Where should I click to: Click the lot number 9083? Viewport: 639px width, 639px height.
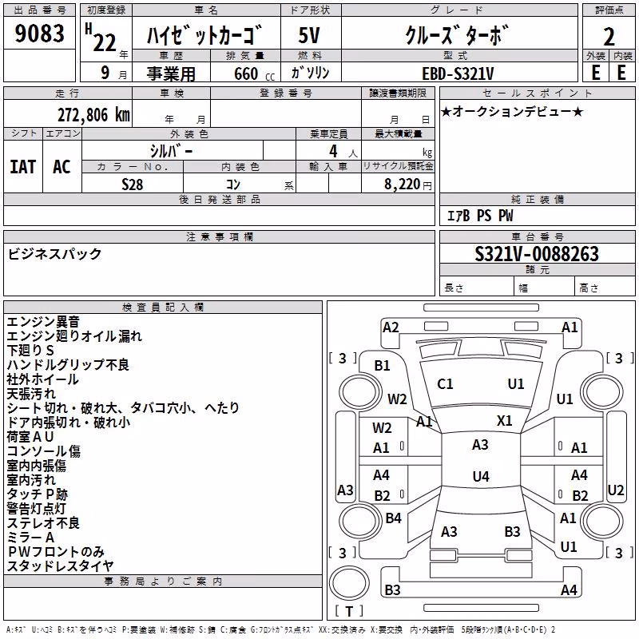coord(39,33)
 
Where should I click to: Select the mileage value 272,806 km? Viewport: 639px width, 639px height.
coord(93,115)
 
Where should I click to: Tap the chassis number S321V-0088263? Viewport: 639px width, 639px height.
coord(537,254)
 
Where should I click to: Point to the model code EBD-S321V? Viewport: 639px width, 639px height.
coord(458,73)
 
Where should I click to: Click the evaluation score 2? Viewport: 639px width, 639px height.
coord(609,37)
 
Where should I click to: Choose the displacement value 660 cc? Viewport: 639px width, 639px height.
coord(254,73)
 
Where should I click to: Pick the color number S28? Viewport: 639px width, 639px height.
coord(132,185)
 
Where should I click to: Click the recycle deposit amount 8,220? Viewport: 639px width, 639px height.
coord(402,185)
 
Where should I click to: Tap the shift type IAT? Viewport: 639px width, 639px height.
coord(23,167)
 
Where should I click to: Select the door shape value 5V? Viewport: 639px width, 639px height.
coord(309,35)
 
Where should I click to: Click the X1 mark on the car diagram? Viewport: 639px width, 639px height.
coord(504,420)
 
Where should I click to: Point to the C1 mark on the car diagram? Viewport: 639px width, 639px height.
coord(445,384)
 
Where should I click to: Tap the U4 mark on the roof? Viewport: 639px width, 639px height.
coord(481,476)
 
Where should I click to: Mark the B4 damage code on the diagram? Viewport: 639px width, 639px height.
coord(393,518)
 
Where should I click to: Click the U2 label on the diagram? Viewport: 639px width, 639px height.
coord(615,490)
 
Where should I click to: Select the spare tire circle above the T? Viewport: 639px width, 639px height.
coord(349,583)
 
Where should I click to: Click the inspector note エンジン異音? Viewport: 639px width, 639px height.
coord(43,322)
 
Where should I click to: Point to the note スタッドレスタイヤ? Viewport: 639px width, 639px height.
coord(60,566)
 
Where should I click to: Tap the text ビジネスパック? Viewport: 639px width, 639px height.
coord(54,254)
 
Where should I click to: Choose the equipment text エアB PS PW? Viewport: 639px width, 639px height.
coord(480,216)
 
